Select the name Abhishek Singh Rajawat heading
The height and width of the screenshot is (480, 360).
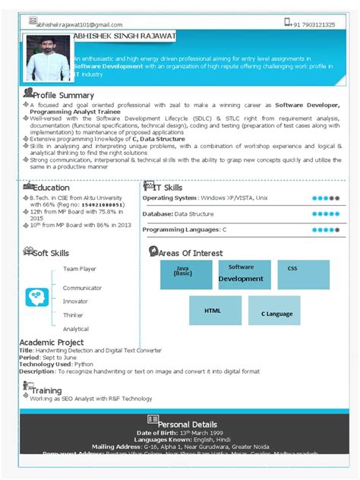coord(125,35)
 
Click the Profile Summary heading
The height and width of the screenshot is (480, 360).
coord(62,95)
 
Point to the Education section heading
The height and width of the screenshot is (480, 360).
coord(50,188)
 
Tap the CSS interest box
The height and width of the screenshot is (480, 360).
coord(303,274)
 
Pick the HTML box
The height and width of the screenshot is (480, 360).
coord(215,311)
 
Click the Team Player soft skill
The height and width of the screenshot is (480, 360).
coord(79,269)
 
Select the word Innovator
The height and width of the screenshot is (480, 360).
coord(75,302)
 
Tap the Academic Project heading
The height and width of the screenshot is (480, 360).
coord(52,343)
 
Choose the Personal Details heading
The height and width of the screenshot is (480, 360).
coord(187,424)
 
